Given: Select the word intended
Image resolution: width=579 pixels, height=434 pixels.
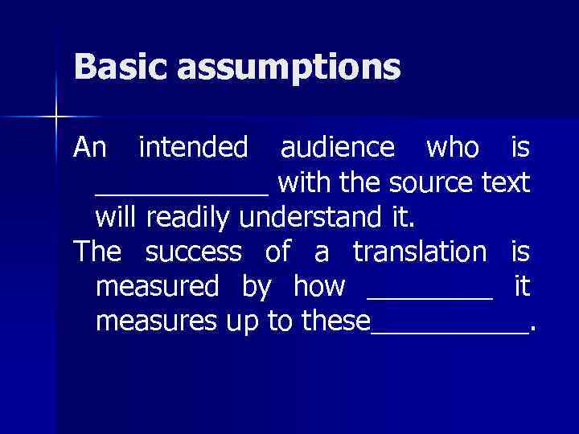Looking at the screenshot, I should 194,147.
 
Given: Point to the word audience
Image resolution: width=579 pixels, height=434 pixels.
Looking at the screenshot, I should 337,147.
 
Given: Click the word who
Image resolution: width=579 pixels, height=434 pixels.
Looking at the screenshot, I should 452,147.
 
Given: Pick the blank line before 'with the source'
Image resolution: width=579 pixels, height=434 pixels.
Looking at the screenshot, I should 182,194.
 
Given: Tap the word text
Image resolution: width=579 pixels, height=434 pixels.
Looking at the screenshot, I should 506,182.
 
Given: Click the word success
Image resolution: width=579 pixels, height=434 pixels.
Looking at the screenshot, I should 193,252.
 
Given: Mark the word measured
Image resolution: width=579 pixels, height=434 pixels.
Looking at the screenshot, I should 157,286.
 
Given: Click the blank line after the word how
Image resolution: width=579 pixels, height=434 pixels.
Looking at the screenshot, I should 429,297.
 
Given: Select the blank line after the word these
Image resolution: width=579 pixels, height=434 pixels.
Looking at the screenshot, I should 450,331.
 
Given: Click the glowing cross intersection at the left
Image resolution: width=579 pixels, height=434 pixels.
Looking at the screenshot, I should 55,117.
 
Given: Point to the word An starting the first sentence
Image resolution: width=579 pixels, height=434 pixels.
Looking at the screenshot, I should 89,147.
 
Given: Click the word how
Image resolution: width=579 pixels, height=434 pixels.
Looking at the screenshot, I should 319,286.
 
